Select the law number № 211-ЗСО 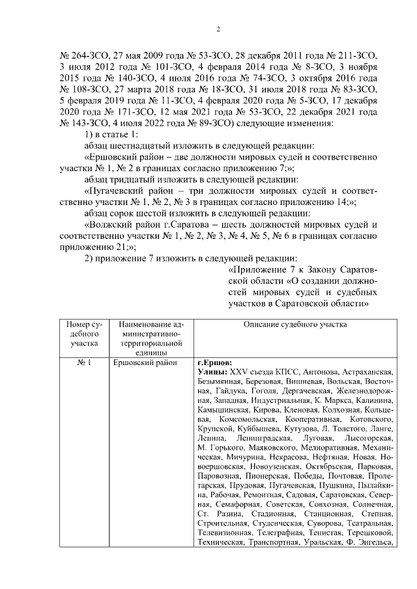coord(349,55)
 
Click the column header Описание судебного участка coord(295,323)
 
